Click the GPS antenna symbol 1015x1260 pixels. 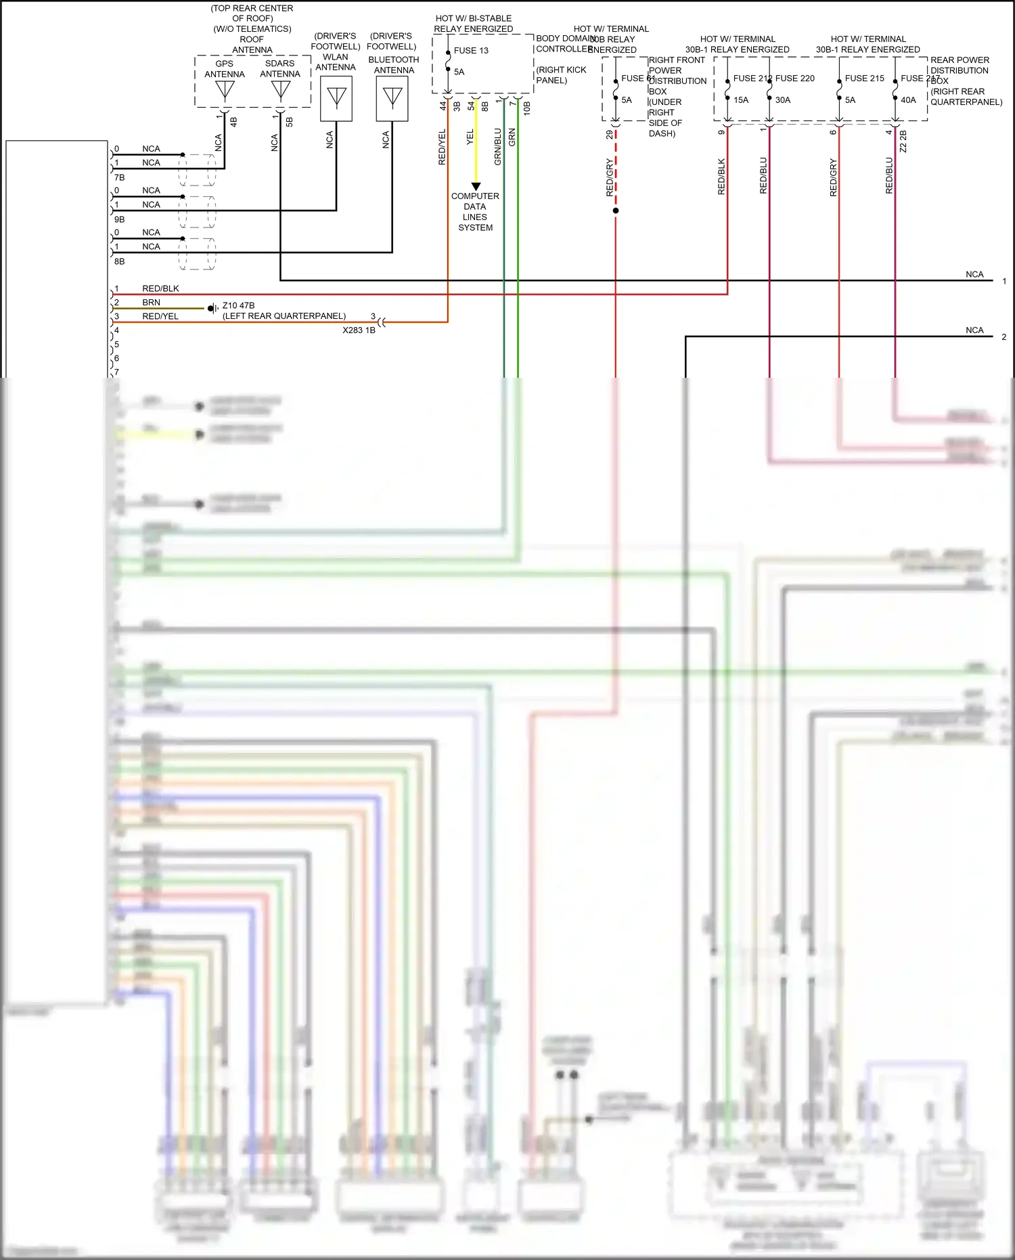pyautogui.click(x=225, y=90)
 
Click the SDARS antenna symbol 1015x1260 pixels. pyautogui.click(x=280, y=90)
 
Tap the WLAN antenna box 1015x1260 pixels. pyautogui.click(x=336, y=99)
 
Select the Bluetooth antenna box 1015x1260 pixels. pyautogui.click(x=392, y=99)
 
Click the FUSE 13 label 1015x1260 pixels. pyautogui.click(x=471, y=51)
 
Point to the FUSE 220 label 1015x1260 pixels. pyautogui.click(x=795, y=79)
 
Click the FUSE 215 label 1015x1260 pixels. pyautogui.click(x=864, y=79)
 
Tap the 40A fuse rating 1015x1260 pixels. pyautogui.click(x=908, y=100)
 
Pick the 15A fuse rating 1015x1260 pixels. pyautogui.click(x=741, y=100)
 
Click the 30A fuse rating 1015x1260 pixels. pyautogui.click(x=783, y=100)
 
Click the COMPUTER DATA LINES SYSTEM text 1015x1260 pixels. pyautogui.click(x=475, y=212)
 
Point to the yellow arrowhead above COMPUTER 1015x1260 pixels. pyautogui.click(x=476, y=186)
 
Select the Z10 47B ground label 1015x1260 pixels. pyautogui.click(x=238, y=306)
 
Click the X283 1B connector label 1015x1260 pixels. pyautogui.click(x=359, y=330)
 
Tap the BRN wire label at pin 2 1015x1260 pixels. pyautogui.click(x=151, y=303)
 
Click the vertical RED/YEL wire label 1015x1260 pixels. pyautogui.click(x=443, y=147)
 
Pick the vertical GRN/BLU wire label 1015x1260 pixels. pyautogui.click(x=498, y=147)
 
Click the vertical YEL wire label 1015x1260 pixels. pyautogui.click(x=470, y=137)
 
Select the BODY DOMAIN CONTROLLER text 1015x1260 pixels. pyautogui.click(x=564, y=44)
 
